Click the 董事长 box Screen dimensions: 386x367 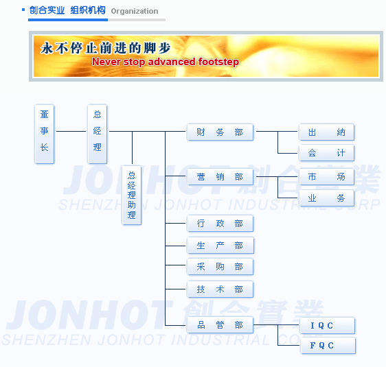45,134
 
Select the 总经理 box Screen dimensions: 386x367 98,134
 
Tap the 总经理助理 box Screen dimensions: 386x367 132,196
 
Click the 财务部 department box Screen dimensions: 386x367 220,132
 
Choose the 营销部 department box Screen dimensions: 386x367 220,177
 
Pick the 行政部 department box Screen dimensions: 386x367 220,224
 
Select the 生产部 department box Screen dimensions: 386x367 220,246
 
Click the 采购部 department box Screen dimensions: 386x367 220,267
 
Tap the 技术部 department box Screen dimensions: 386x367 220,289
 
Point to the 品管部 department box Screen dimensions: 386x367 220,325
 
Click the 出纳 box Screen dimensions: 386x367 327,132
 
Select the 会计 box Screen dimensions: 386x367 327,153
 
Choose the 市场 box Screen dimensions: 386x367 327,177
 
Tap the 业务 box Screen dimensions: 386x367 327,198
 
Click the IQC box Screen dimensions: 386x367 328,326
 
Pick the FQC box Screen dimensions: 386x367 328,346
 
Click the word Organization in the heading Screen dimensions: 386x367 135,11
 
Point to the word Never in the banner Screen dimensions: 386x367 106,62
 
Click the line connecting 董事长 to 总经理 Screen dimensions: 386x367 71,131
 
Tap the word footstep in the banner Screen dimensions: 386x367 218,62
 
